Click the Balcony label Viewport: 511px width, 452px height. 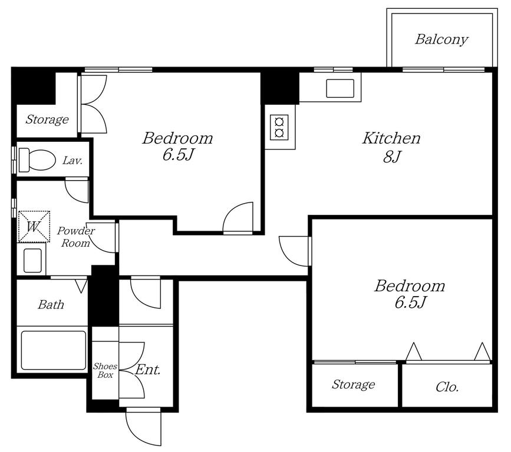(x=441, y=39)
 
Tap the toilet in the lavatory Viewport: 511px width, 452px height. (x=37, y=159)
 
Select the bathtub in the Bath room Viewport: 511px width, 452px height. (x=54, y=350)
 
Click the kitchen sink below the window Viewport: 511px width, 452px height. (x=340, y=88)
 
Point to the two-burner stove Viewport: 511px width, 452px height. (x=279, y=127)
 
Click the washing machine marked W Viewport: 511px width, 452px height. (x=34, y=227)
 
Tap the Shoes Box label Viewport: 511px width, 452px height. (x=105, y=370)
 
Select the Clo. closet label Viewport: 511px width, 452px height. (x=447, y=387)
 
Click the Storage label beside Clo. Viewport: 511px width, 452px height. (x=353, y=385)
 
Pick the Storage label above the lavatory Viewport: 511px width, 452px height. (x=47, y=119)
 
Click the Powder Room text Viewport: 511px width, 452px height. (x=76, y=237)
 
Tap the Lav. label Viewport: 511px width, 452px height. (x=72, y=161)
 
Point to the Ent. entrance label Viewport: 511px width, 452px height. (x=147, y=370)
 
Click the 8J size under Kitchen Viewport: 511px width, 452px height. (x=391, y=157)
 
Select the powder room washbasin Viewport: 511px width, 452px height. (x=32, y=260)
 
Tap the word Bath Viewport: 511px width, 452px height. (x=51, y=305)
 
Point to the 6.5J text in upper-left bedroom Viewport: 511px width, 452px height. (x=178, y=155)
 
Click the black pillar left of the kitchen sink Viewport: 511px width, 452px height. (x=279, y=87)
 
